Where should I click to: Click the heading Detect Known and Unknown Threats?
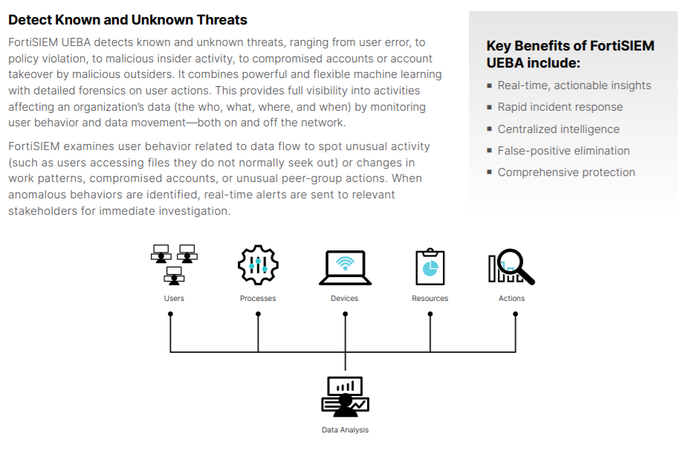tap(127, 20)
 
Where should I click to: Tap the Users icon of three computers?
tap(174, 265)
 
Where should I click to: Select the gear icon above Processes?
tap(258, 265)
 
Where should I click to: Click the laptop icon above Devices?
tap(345, 267)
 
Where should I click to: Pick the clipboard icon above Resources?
tap(430, 266)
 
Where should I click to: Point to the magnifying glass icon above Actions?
tap(511, 266)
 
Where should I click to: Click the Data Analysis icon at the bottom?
tap(345, 397)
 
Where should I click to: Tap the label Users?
tap(174, 299)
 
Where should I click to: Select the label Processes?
tap(258, 299)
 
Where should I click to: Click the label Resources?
tap(430, 299)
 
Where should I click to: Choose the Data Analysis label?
tap(345, 429)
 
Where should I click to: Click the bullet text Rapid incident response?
tap(560, 107)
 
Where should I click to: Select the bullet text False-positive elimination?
tap(564, 151)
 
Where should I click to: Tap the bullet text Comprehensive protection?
tap(566, 172)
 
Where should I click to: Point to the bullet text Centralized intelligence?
tap(558, 129)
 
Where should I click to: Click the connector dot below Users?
tap(171, 314)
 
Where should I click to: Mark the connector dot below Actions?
tap(516, 314)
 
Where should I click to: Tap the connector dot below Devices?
tap(345, 314)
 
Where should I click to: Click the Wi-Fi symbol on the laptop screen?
tap(345, 263)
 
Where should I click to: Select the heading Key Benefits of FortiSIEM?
tap(570, 46)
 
